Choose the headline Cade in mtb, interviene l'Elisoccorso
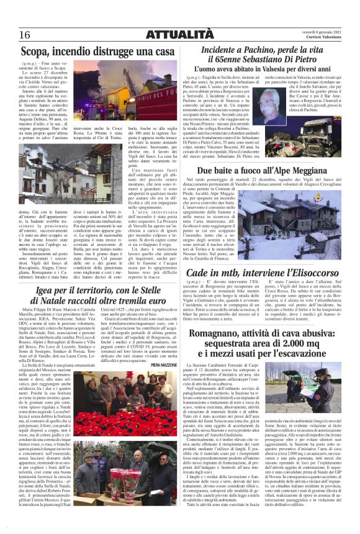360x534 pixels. [268, 256]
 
